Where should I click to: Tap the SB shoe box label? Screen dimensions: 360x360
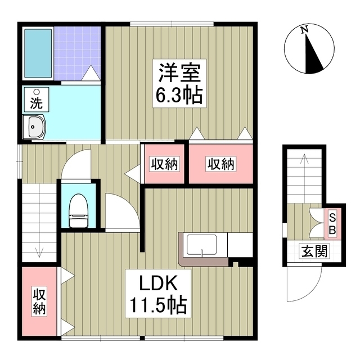[x=332, y=224]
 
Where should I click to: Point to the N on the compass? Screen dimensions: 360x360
[x=304, y=30]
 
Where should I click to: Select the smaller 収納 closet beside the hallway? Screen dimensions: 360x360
[x=164, y=164]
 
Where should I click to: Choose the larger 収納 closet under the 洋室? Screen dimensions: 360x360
[x=220, y=164]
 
